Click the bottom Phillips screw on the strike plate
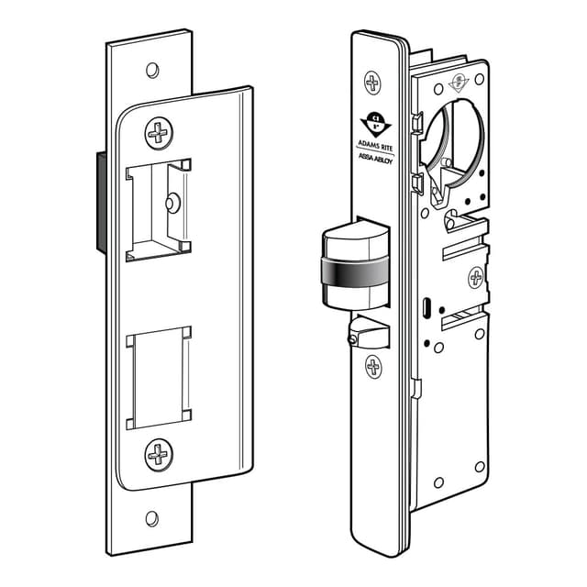pos(159,452)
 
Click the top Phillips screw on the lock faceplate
pos(373,82)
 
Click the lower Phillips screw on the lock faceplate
pos(373,367)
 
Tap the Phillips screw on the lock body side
pos(476,277)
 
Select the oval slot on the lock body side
pos(428,305)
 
